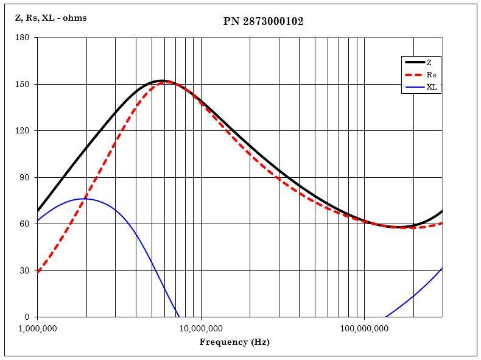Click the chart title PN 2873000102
coord(263,21)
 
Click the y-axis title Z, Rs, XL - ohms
coord(51,18)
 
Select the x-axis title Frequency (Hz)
coord(234,342)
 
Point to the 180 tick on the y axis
coord(22,38)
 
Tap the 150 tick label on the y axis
coord(22,84)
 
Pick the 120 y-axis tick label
coord(22,131)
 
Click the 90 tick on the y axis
coord(24,177)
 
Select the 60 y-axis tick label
coord(24,224)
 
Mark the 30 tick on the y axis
coord(24,270)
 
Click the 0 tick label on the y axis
coord(26,317)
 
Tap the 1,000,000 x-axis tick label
coord(38,329)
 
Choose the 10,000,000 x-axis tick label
coord(201,329)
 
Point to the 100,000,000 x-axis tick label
coord(364,329)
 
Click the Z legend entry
coord(429,62)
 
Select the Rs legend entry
coord(431,75)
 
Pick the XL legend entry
coord(432,87)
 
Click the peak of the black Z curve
coord(161,80)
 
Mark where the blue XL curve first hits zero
coord(179,317)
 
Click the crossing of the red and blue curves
coord(85,199)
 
